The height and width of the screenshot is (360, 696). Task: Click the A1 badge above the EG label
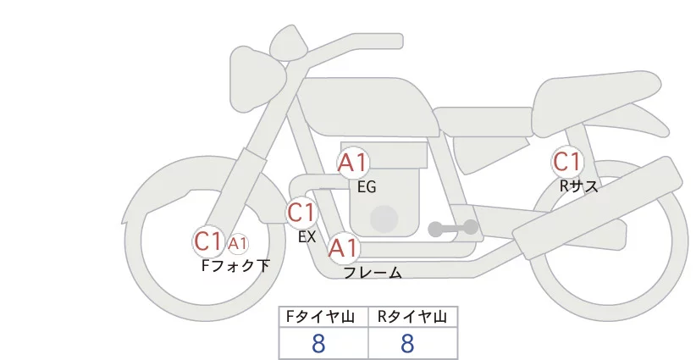pos(353,163)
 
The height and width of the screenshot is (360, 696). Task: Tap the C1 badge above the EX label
pos(301,213)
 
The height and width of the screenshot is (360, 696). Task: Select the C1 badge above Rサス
pos(566,161)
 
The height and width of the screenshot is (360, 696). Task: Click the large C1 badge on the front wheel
pos(207,241)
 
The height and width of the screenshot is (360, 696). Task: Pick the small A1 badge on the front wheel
pos(238,244)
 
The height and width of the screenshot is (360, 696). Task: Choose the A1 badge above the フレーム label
pos(344,248)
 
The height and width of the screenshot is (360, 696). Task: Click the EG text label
pos(367,187)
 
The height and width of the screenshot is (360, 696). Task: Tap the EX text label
pos(307,237)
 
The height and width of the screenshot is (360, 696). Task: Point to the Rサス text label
pos(578,186)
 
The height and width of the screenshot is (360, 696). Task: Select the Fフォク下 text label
pos(235,266)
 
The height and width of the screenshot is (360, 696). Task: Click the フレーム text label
pos(373,273)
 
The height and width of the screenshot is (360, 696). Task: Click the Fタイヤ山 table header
pos(323,317)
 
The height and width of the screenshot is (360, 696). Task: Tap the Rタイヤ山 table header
pos(412,317)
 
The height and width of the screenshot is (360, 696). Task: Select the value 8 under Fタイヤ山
pos(319,343)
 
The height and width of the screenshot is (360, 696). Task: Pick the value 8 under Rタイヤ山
pos(408,343)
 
